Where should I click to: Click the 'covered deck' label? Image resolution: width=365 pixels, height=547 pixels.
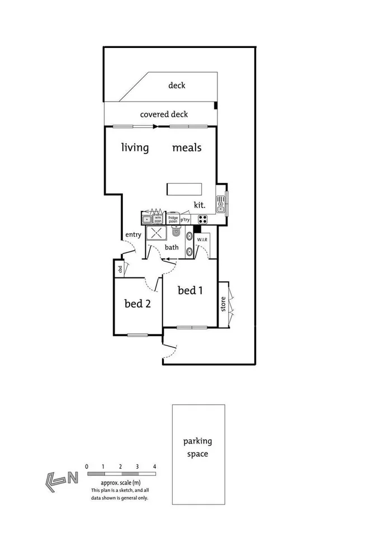click(164, 114)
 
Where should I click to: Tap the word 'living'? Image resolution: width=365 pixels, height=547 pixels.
click(135, 148)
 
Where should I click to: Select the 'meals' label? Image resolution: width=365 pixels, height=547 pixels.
click(186, 148)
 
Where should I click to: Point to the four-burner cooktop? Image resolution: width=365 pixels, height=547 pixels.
click(202, 219)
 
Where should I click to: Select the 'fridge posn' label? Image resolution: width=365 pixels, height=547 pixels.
click(173, 219)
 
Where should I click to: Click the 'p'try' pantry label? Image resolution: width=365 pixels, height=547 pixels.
click(186, 219)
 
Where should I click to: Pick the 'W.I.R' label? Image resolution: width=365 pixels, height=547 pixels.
click(203, 240)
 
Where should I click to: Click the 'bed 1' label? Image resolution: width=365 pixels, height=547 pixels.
click(191, 290)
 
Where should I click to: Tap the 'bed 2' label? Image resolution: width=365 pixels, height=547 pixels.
click(137, 304)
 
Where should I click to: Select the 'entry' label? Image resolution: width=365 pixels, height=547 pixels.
click(133, 234)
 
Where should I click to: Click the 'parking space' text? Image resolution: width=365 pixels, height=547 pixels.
click(198, 447)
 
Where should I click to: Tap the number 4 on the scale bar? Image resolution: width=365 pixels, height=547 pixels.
click(154, 466)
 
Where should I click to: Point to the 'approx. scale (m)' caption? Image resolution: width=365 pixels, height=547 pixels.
click(120, 482)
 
